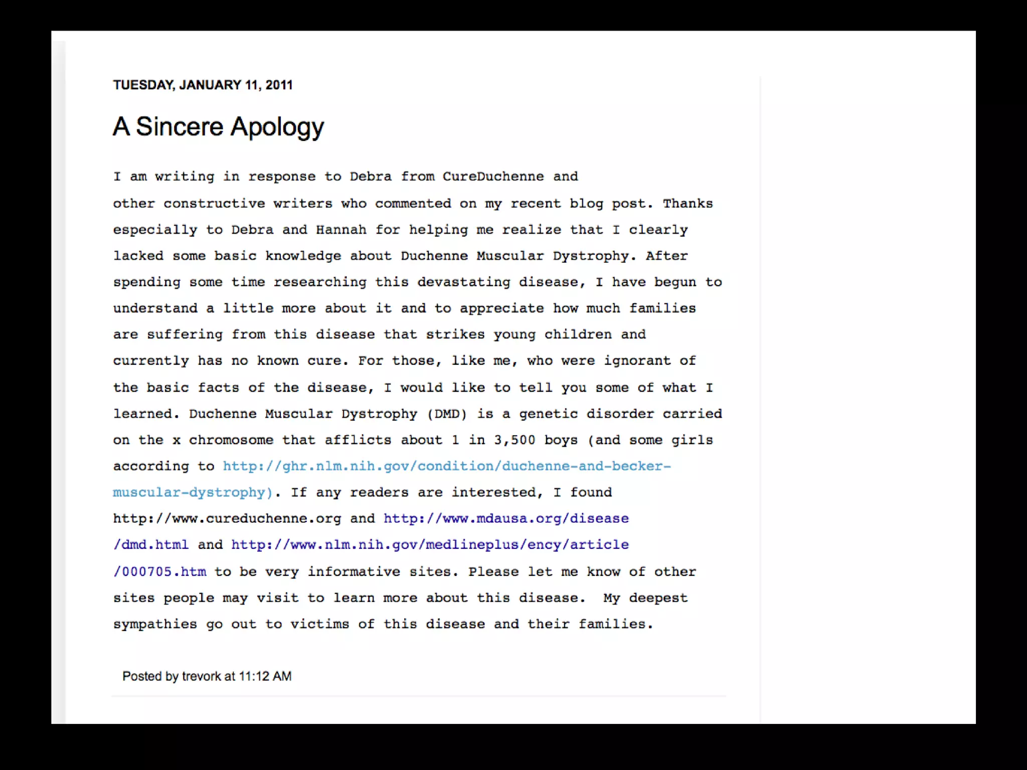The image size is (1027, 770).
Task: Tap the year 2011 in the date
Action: click(x=279, y=85)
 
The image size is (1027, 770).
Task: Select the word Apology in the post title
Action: click(x=277, y=127)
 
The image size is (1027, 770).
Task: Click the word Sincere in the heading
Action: click(x=180, y=126)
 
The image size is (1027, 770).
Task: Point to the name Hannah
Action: click(x=341, y=230)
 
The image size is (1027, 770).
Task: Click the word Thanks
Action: click(x=688, y=204)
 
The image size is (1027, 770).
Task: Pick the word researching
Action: click(x=320, y=282)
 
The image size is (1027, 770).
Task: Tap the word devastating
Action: click(x=463, y=282)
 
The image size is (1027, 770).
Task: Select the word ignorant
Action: click(x=637, y=361)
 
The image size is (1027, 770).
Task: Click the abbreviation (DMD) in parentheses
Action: click(x=447, y=414)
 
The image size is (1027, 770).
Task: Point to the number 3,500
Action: click(x=515, y=440)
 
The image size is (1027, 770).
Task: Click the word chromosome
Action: click(x=231, y=440)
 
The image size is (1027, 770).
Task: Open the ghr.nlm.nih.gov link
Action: click(x=446, y=466)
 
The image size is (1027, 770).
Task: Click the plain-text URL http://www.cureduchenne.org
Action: click(x=227, y=518)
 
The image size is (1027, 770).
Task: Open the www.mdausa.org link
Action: click(x=505, y=518)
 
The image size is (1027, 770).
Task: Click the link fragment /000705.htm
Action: click(x=159, y=571)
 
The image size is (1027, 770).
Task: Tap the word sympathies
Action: click(x=155, y=624)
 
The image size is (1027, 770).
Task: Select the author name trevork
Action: click(x=201, y=676)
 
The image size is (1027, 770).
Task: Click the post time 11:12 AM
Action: click(x=265, y=676)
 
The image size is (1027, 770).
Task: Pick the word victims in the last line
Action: click(x=319, y=624)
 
